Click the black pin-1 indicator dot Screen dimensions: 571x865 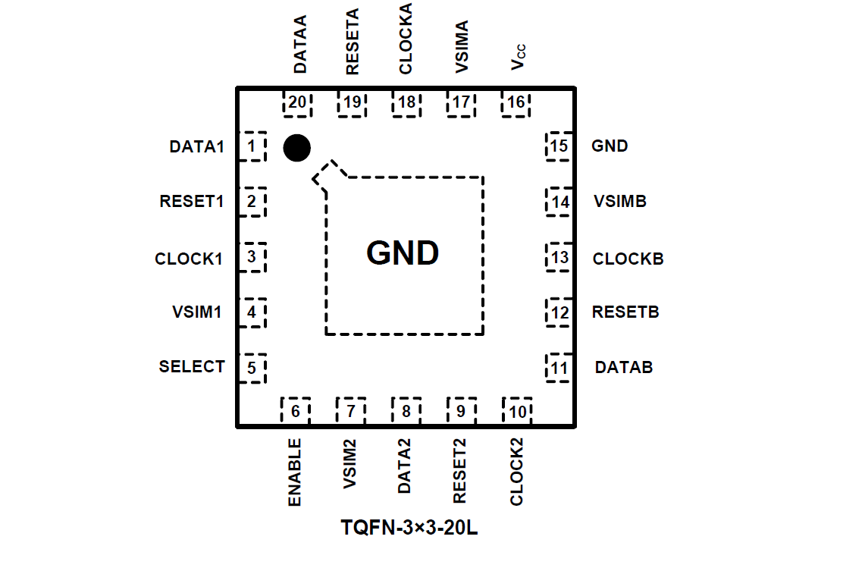click(x=296, y=148)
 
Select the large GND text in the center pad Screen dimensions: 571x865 click(x=403, y=253)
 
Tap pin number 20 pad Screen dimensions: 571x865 click(x=298, y=102)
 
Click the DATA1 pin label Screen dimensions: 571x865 click(x=197, y=146)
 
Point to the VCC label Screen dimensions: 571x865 click(x=519, y=58)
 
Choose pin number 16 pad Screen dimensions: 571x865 click(x=516, y=102)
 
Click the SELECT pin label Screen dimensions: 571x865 click(x=192, y=367)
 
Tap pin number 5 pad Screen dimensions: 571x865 click(x=252, y=369)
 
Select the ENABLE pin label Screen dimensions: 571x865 click(x=295, y=472)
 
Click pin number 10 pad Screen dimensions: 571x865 click(x=517, y=411)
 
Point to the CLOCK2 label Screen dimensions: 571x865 click(x=517, y=471)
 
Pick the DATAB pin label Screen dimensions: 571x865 click(x=624, y=368)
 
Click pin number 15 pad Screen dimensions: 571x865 click(x=559, y=146)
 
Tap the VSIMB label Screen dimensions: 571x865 click(x=620, y=202)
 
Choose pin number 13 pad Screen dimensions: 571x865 click(x=559, y=258)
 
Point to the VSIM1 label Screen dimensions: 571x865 click(x=196, y=311)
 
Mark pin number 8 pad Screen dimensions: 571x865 click(x=406, y=411)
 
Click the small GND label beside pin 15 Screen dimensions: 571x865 click(x=610, y=146)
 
